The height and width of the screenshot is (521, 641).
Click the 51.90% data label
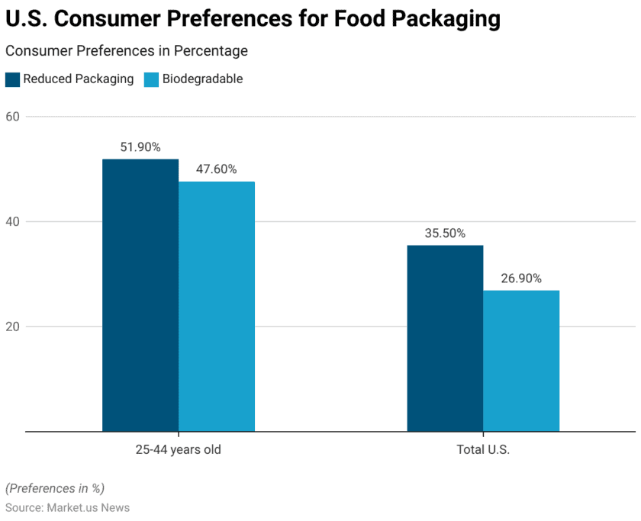click(x=140, y=147)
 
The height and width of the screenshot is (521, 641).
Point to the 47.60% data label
click(x=217, y=169)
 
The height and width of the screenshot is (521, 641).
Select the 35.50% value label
click(x=445, y=233)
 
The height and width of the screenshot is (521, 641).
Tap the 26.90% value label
click(x=521, y=278)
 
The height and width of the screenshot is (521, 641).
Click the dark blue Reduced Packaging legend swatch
click(x=13, y=79)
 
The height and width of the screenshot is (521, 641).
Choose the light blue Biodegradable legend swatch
click(x=151, y=79)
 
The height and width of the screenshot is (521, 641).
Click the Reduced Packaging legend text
click(x=78, y=79)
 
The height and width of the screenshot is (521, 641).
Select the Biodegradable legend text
click(x=202, y=79)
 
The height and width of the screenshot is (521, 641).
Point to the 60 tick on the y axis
click(x=14, y=117)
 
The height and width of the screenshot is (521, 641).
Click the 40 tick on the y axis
click(x=14, y=222)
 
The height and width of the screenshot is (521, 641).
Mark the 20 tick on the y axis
click(x=14, y=326)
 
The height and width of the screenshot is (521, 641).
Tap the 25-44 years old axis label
click(x=179, y=449)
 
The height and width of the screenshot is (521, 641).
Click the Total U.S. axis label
click(x=483, y=449)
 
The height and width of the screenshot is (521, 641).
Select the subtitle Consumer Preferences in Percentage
click(x=127, y=51)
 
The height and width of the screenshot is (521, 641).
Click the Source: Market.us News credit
click(x=67, y=507)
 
